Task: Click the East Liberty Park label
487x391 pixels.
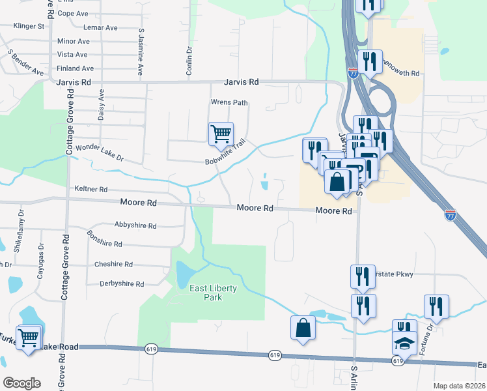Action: (x=205, y=293)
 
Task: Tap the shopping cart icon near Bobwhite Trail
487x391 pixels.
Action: (x=221, y=134)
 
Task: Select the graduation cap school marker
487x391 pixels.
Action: (x=404, y=342)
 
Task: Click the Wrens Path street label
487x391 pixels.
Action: (x=229, y=102)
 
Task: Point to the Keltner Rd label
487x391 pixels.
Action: (x=91, y=189)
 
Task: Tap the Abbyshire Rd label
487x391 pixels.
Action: (x=135, y=226)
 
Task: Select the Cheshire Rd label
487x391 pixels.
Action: (x=113, y=265)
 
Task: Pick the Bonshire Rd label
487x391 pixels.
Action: (x=104, y=239)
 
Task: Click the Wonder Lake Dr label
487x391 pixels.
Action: (x=100, y=153)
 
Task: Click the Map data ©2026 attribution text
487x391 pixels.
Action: (x=459, y=386)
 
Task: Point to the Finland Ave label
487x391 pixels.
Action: (x=76, y=68)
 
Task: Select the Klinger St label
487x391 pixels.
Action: (x=29, y=27)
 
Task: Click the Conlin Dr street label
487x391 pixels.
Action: (x=189, y=60)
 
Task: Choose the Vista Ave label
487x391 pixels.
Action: (x=72, y=55)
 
